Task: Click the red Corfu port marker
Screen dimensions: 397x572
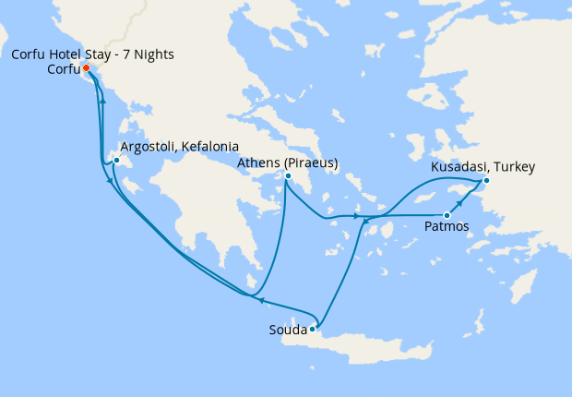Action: pyautogui.click(x=86, y=68)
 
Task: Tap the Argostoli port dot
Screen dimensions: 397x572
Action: pyautogui.click(x=116, y=162)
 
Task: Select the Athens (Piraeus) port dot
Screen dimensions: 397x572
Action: pyautogui.click(x=288, y=176)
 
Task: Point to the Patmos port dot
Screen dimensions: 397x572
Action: pyautogui.click(x=447, y=215)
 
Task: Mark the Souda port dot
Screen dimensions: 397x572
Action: pyautogui.click(x=313, y=328)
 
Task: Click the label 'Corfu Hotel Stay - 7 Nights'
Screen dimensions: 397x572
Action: pyautogui.click(x=93, y=54)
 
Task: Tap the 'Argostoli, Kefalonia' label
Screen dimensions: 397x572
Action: pyautogui.click(x=180, y=147)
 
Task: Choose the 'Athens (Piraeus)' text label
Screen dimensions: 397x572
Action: pyautogui.click(x=288, y=162)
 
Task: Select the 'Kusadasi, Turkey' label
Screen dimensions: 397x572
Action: pyautogui.click(x=483, y=167)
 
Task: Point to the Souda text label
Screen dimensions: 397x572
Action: pyautogui.click(x=287, y=329)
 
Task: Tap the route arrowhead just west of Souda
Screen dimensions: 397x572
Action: pyautogui.click(x=260, y=300)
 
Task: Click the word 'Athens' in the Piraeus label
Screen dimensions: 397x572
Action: pyautogui.click(x=257, y=162)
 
